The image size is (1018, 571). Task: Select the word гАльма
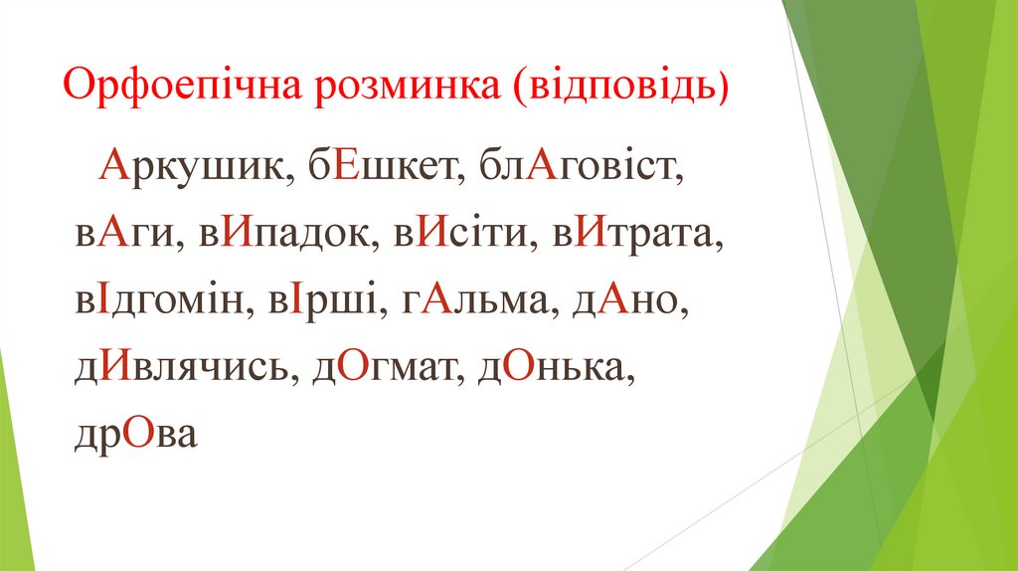(x=472, y=301)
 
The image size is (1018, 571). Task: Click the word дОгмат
(x=387, y=369)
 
